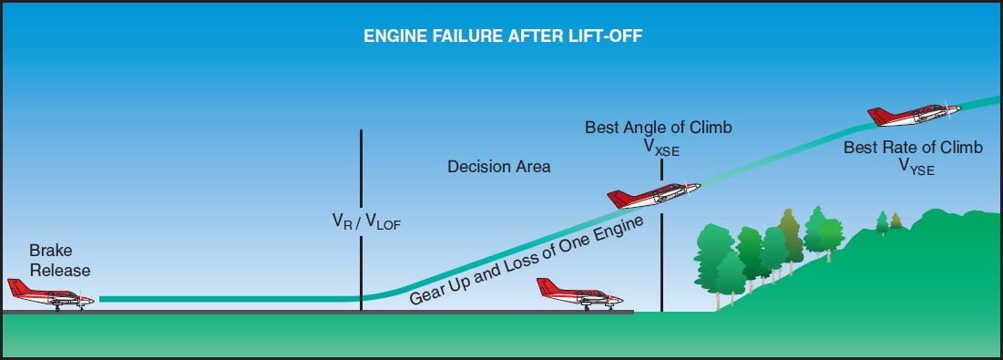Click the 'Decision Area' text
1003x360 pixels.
498,168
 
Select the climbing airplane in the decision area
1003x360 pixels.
654,194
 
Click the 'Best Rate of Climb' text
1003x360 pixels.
913,148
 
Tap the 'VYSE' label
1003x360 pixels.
916,167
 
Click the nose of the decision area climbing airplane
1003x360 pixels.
696,186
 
